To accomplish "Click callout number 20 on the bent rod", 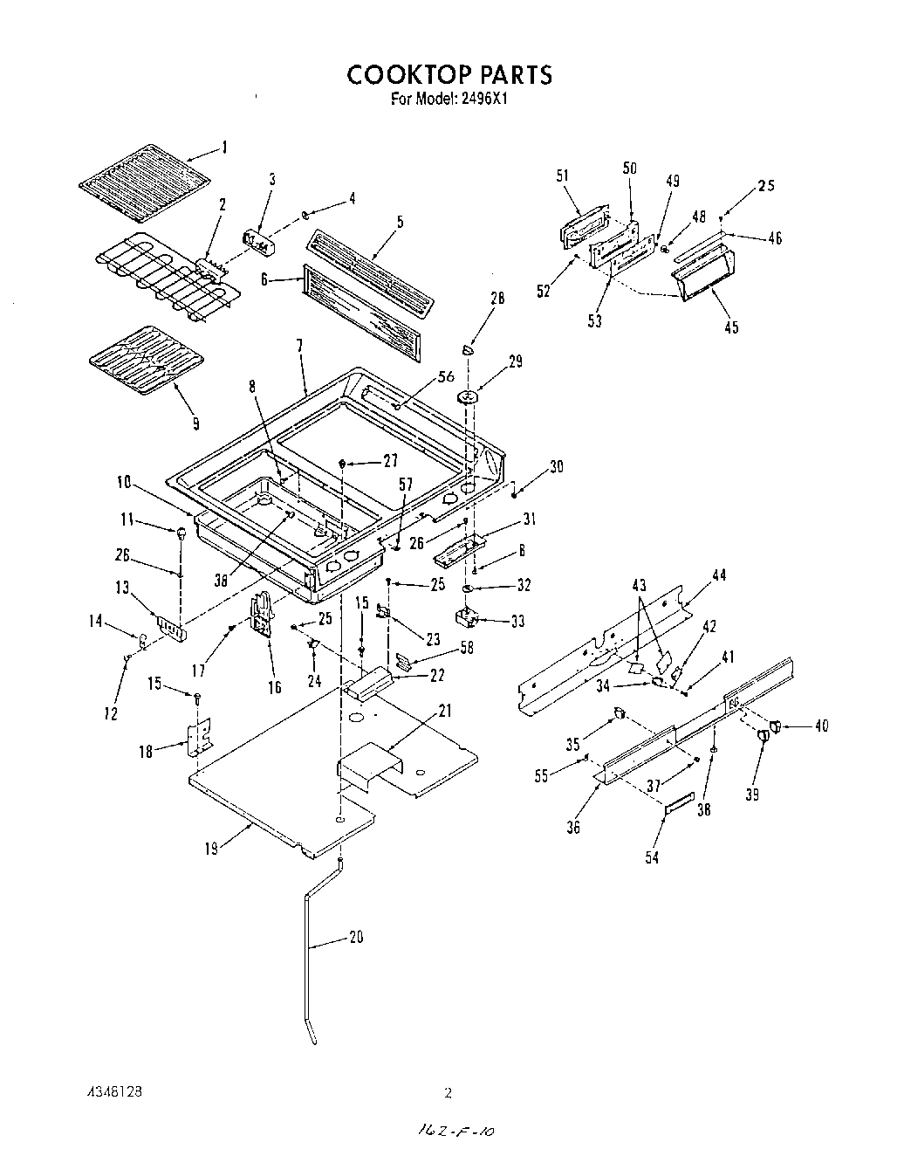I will (x=355, y=937).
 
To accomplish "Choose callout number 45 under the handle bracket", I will (x=731, y=327).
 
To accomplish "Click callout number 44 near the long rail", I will (x=718, y=575).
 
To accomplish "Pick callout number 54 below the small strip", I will (x=652, y=857).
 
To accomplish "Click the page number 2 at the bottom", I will (x=448, y=1092).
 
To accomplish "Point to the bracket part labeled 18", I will (x=201, y=736).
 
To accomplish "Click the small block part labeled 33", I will (x=473, y=619).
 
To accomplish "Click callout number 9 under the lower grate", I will (x=195, y=423).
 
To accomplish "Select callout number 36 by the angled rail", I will (x=572, y=827).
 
